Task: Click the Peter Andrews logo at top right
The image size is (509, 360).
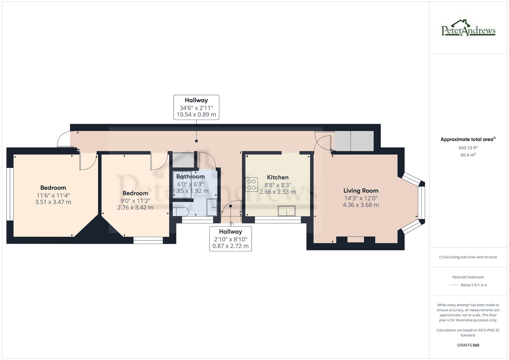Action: [468, 28]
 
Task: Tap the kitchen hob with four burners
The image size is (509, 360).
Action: [252, 185]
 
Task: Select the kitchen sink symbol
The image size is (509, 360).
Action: [286, 211]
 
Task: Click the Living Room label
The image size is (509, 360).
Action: [361, 191]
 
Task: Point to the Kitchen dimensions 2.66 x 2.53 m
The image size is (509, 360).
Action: [277, 192]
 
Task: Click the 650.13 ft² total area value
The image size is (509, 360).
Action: [468, 148]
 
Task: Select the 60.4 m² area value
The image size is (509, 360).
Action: [468, 155]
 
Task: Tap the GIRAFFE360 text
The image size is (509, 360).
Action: [468, 345]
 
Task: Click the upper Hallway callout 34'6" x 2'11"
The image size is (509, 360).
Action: [196, 107]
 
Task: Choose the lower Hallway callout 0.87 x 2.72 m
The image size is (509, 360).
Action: [230, 246]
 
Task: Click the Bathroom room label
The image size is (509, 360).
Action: [190, 176]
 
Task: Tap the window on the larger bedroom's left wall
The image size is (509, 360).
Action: [10, 194]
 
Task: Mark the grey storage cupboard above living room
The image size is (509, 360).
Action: [354, 141]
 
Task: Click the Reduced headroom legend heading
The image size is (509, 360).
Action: [468, 277]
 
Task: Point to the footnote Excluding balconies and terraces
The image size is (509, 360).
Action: [468, 257]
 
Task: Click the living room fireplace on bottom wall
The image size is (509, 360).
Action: [356, 239]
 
